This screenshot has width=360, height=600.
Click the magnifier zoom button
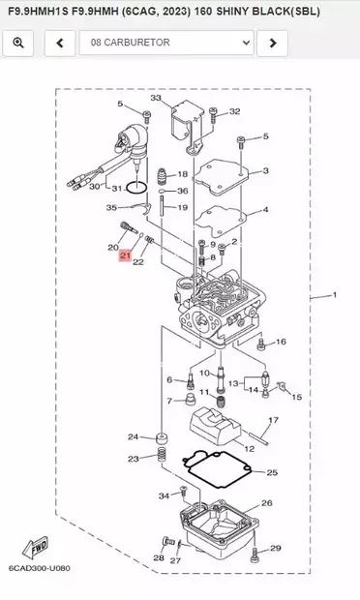click(x=18, y=44)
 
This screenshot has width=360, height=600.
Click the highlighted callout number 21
click(x=125, y=255)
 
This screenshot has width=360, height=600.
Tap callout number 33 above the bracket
click(x=156, y=99)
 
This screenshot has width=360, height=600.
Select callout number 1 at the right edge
click(x=334, y=294)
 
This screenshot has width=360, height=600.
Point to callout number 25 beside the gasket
click(x=272, y=472)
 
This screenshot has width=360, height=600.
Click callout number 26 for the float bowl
click(x=267, y=503)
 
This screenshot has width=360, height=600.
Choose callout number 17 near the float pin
click(x=273, y=420)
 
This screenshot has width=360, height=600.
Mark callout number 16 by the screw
click(x=281, y=342)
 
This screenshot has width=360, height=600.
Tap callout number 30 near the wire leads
click(x=95, y=186)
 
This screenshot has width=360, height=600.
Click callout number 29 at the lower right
click(x=275, y=549)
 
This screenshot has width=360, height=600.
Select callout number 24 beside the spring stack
click(x=134, y=437)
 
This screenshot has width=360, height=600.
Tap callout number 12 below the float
click(x=250, y=448)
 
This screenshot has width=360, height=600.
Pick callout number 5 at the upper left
click(x=120, y=105)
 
